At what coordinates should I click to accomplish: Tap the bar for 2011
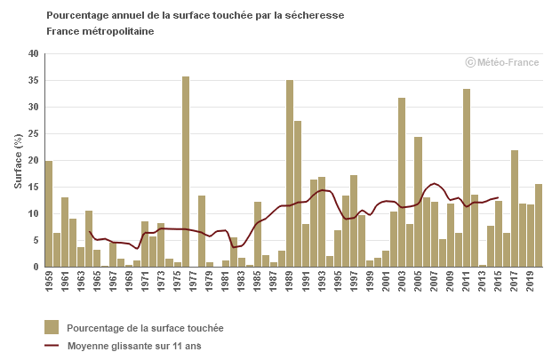[467, 178]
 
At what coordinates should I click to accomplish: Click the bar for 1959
[49, 213]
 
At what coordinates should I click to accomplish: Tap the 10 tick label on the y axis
[33, 213]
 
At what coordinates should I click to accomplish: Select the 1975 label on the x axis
[178, 280]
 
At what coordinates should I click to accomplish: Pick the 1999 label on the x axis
[371, 280]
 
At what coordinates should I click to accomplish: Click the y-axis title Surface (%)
[18, 160]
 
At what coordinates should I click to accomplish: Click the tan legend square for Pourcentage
[52, 327]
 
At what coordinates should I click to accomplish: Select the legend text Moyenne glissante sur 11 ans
[134, 346]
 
